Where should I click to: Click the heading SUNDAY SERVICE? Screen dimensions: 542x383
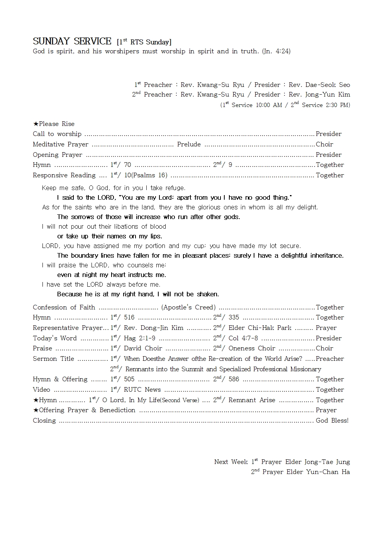(72, 41)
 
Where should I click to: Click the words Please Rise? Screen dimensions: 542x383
(57, 124)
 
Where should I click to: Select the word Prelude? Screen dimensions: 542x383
(189, 144)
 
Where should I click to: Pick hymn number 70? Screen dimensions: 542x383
(127, 165)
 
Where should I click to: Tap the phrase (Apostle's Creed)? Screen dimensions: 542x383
(188, 308)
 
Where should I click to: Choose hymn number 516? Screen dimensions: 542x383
(129, 318)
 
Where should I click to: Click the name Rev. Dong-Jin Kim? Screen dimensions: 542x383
(153, 328)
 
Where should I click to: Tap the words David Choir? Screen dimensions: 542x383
(143, 348)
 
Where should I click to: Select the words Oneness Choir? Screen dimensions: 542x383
(252, 348)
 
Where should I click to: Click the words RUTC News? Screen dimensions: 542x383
(142, 390)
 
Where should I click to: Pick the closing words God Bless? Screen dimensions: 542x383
(332, 421)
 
